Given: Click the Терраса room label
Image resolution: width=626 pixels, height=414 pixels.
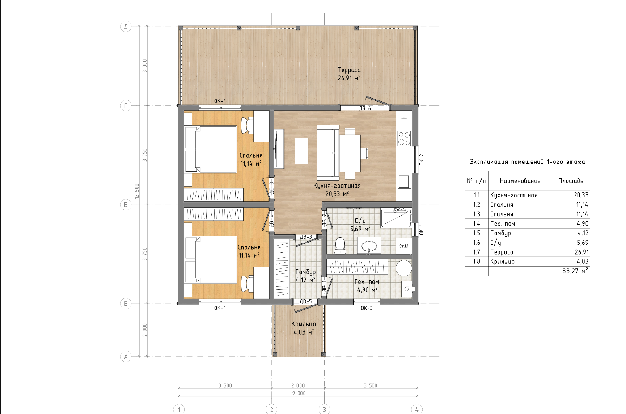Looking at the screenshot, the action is (x=349, y=70).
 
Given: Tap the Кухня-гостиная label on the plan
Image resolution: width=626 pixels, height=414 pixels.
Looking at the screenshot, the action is (x=337, y=186).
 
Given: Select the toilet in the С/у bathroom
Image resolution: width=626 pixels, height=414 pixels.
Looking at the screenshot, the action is (x=340, y=245).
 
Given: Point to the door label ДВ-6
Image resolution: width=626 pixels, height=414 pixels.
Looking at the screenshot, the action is (x=365, y=109).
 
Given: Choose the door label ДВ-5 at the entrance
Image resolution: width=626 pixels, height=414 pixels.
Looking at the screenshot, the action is (x=306, y=301).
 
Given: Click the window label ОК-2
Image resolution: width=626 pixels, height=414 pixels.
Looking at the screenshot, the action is (x=422, y=159).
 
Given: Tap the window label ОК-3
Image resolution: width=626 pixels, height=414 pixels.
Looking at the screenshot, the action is (x=366, y=308).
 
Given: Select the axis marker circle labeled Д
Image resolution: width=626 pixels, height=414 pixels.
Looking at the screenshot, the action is (x=126, y=26).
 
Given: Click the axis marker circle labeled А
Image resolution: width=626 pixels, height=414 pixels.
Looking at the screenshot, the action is (x=126, y=356).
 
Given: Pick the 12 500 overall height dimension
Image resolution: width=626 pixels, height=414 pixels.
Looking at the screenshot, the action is (x=137, y=191).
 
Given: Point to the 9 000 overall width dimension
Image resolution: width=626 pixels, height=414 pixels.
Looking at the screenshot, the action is (x=299, y=393).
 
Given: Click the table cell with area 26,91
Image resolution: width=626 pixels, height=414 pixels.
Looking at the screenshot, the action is (x=582, y=252).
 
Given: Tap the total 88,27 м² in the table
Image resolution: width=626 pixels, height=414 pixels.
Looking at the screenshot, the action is (x=575, y=271).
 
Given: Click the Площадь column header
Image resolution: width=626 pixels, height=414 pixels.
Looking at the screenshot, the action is (x=571, y=181).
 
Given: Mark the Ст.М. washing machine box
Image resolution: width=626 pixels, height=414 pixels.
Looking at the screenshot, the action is (x=404, y=246).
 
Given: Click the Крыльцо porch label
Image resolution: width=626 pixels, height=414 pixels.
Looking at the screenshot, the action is (x=304, y=324).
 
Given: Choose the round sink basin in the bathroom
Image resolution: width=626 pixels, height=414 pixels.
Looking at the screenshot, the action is (x=369, y=246).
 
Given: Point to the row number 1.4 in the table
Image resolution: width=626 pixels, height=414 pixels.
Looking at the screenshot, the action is (x=477, y=224).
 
